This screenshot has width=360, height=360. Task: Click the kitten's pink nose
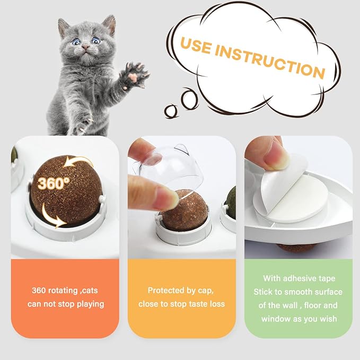(84, 49)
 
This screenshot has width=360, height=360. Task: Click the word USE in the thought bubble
(198, 48)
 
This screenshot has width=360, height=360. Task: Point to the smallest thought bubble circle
(170, 110)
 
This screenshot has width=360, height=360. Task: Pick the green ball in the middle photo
(231, 201)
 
